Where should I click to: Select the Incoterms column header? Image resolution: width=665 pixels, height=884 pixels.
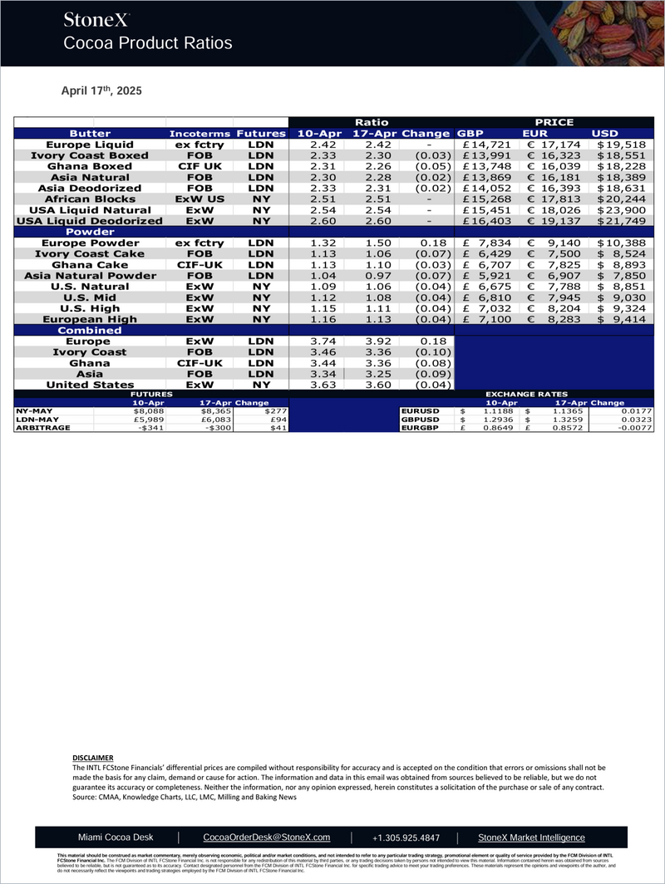tap(199, 133)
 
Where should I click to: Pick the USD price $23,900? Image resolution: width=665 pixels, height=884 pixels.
tap(619, 211)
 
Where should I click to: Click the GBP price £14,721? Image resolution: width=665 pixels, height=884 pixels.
tap(487, 144)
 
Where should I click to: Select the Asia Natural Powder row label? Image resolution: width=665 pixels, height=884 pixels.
tap(90, 275)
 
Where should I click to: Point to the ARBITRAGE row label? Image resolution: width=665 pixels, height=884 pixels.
tap(41, 428)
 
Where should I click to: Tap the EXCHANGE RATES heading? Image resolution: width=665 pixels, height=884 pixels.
tap(526, 395)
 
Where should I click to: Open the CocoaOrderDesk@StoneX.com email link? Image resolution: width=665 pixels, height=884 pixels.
tap(267, 837)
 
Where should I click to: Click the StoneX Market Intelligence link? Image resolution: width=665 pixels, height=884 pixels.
tap(532, 837)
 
